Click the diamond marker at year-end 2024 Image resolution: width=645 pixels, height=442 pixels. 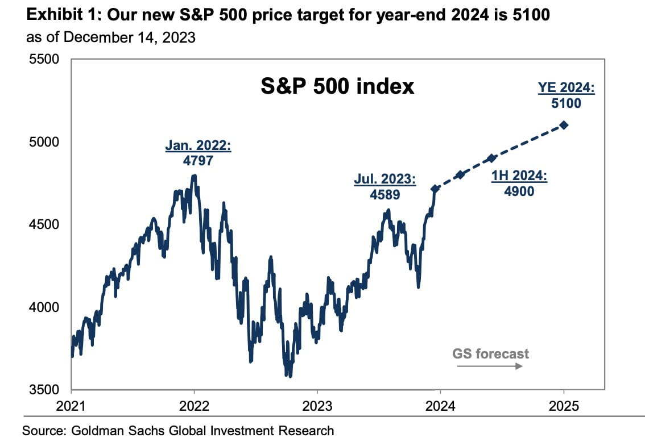pyautogui.click(x=564, y=125)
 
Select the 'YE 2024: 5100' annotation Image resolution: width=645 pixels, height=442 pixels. pyautogui.click(x=565, y=95)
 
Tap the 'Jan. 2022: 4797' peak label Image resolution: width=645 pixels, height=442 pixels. pyautogui.click(x=198, y=153)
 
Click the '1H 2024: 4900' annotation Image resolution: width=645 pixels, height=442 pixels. pyautogui.click(x=519, y=184)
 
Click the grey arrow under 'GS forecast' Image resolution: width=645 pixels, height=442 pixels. pyautogui.click(x=490, y=366)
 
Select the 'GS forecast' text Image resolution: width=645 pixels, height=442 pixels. pyautogui.click(x=490, y=353)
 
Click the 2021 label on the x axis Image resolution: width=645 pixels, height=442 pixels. pyautogui.click(x=71, y=406)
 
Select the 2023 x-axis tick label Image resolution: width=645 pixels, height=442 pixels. pyautogui.click(x=317, y=406)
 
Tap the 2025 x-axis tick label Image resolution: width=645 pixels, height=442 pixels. pyautogui.click(x=564, y=406)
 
